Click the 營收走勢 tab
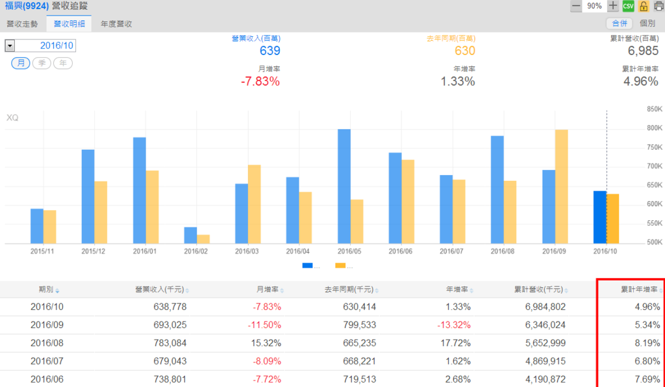22,24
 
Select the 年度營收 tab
116,24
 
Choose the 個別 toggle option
647,23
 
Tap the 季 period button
42,63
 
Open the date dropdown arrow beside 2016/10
10,45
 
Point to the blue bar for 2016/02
190,236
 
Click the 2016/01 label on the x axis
145,251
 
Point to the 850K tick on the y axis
653,110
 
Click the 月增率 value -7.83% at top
260,82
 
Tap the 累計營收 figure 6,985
643,51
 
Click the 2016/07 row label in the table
47,361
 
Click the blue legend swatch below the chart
307,265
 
